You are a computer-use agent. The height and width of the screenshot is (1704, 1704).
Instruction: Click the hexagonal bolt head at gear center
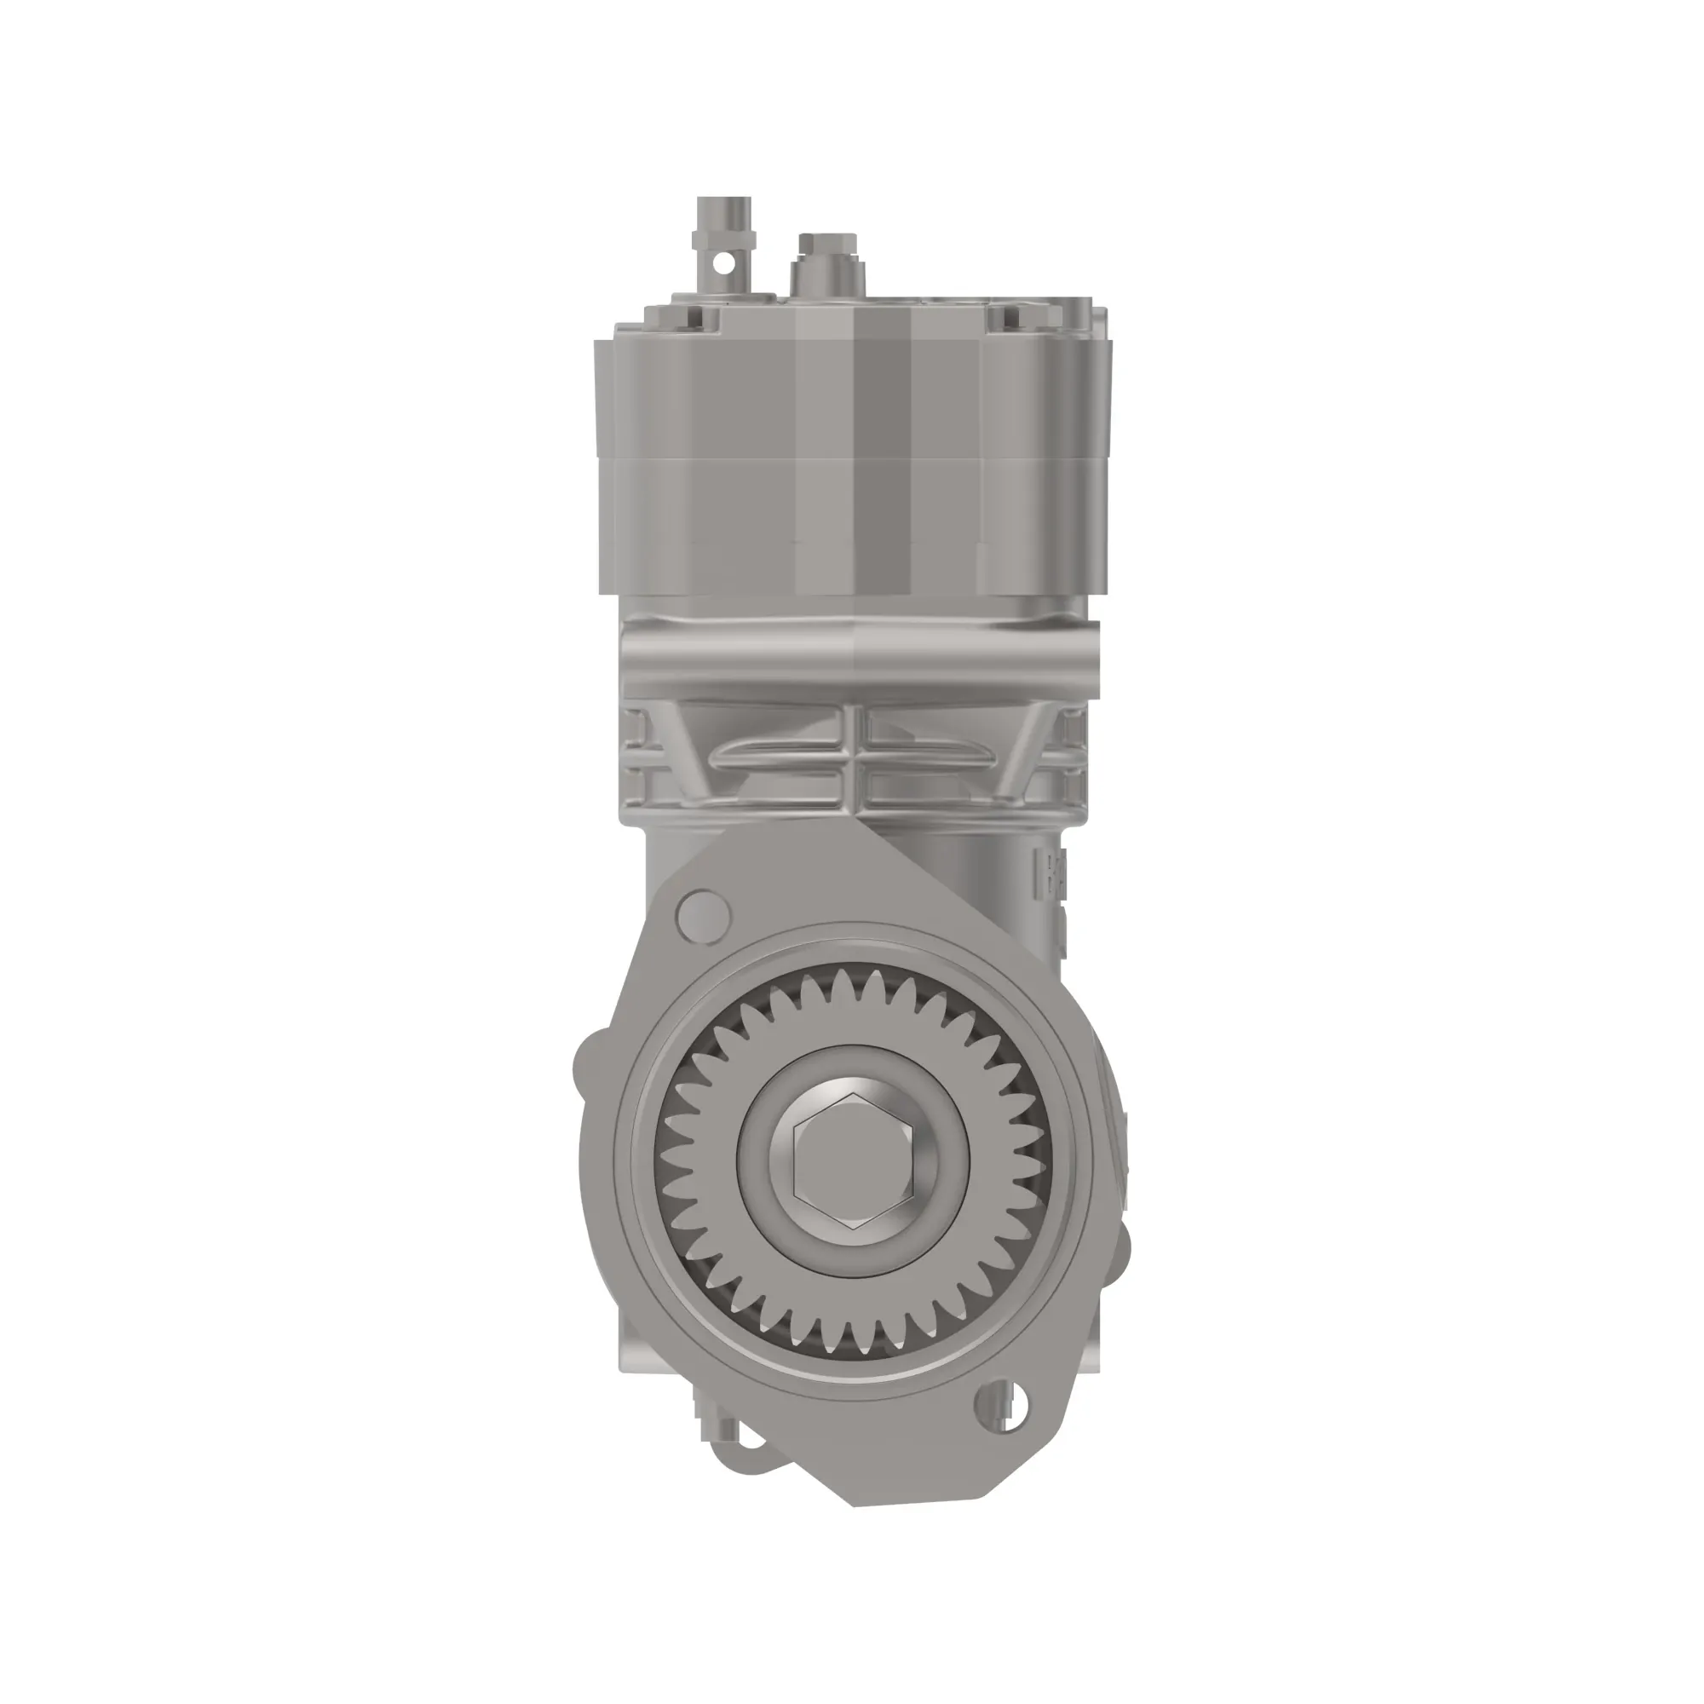(x=852, y=1160)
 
